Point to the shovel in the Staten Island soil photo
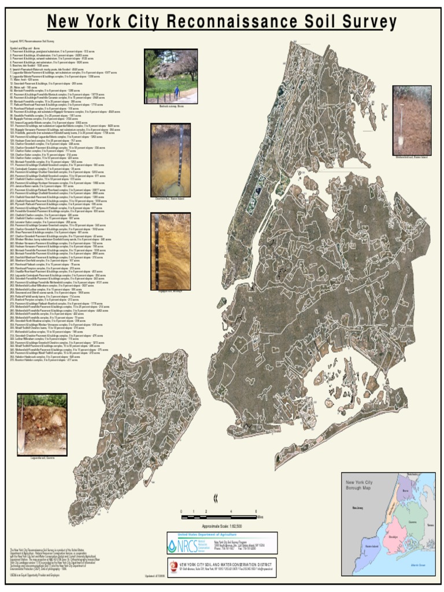pyautogui.click(x=400, y=136)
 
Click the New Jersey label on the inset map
pyautogui.click(x=357, y=508)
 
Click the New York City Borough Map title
pyautogui.click(x=359, y=485)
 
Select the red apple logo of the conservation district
pyautogui.click(x=173, y=565)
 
